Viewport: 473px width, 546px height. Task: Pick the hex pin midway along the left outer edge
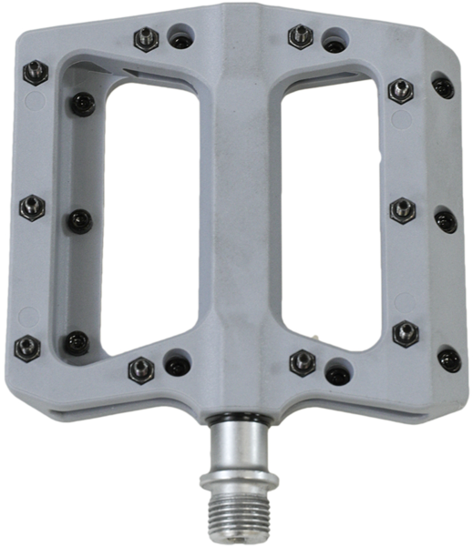[x=31, y=207]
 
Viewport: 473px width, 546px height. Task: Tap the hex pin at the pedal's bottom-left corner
[x=28, y=347]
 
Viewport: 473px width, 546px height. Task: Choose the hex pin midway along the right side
[x=402, y=210]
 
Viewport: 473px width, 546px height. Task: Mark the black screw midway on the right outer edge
[x=445, y=219]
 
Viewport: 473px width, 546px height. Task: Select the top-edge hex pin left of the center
[x=146, y=38]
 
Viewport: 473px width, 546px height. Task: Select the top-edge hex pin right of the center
[x=300, y=36]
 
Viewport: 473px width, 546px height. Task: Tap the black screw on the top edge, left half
[x=183, y=42]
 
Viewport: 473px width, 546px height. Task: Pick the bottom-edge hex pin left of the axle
[x=141, y=368]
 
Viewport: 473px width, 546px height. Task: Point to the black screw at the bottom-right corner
[x=448, y=359]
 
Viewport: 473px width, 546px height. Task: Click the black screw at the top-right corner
[x=443, y=87]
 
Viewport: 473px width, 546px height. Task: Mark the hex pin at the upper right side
[x=400, y=90]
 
